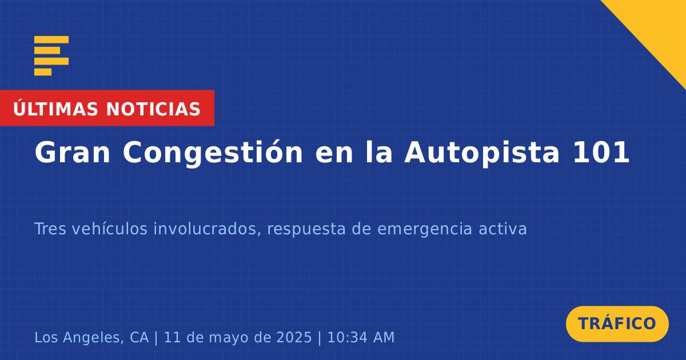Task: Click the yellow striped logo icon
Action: click(x=51, y=56)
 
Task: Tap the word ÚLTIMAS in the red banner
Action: click(x=55, y=109)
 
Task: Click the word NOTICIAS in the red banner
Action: click(x=153, y=109)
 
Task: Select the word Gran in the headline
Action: click(x=72, y=153)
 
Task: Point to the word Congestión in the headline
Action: click(x=213, y=153)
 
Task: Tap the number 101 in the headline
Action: click(x=601, y=153)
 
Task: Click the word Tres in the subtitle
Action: click(x=50, y=229)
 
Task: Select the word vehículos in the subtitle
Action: click(x=110, y=229)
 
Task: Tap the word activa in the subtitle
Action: click(x=502, y=229)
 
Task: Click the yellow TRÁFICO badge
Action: click(x=617, y=324)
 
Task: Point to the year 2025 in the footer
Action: click(x=294, y=337)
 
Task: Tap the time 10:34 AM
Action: click(x=361, y=337)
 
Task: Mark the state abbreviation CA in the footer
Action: click(x=139, y=337)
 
